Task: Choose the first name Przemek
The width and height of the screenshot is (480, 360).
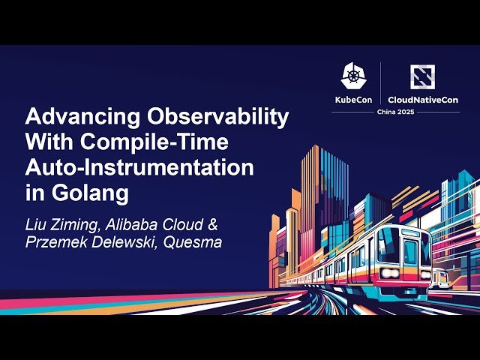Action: [53, 242]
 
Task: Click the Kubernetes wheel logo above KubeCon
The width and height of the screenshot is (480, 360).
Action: [353, 76]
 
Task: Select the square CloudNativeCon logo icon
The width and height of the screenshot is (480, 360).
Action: [421, 76]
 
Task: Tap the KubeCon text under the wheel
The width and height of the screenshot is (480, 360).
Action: [353, 98]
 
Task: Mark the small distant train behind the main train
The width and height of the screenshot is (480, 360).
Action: [442, 279]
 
